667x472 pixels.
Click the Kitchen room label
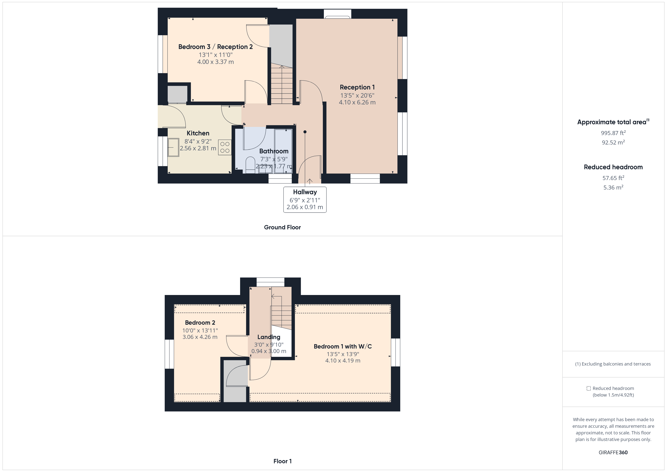pyautogui.click(x=198, y=133)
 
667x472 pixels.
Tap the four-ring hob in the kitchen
pyautogui.click(x=225, y=147)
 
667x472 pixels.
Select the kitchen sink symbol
pyautogui.click(x=173, y=147)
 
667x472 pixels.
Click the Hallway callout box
pyautogui.click(x=305, y=200)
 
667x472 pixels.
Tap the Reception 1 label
pyautogui.click(x=357, y=87)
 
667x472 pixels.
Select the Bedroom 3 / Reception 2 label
pyautogui.click(x=215, y=47)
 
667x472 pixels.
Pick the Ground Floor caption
pyautogui.click(x=282, y=227)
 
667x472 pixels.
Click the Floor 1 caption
pyautogui.click(x=282, y=461)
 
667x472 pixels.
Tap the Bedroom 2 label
pyautogui.click(x=200, y=323)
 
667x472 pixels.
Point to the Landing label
pyautogui.click(x=269, y=337)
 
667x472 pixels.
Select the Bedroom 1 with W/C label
pyautogui.click(x=343, y=346)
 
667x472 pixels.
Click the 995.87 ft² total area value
pyautogui.click(x=613, y=133)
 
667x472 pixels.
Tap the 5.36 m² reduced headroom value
pyautogui.click(x=613, y=187)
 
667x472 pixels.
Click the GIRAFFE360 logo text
pyautogui.click(x=613, y=453)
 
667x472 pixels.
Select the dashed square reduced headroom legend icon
pyautogui.click(x=589, y=388)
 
